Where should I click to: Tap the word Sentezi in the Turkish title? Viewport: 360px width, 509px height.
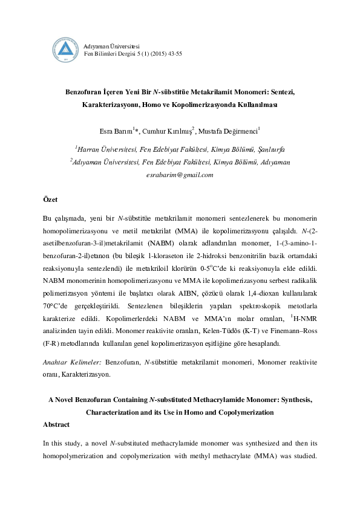pyautogui.click(x=281, y=92)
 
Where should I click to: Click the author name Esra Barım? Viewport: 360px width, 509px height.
pyautogui.click(x=115, y=131)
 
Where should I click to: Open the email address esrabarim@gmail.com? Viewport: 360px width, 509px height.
pyautogui.click(x=180, y=175)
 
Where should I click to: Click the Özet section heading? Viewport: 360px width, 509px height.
pyautogui.click(x=50, y=199)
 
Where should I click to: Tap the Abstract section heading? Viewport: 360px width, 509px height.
pyautogui.click(x=56, y=424)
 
